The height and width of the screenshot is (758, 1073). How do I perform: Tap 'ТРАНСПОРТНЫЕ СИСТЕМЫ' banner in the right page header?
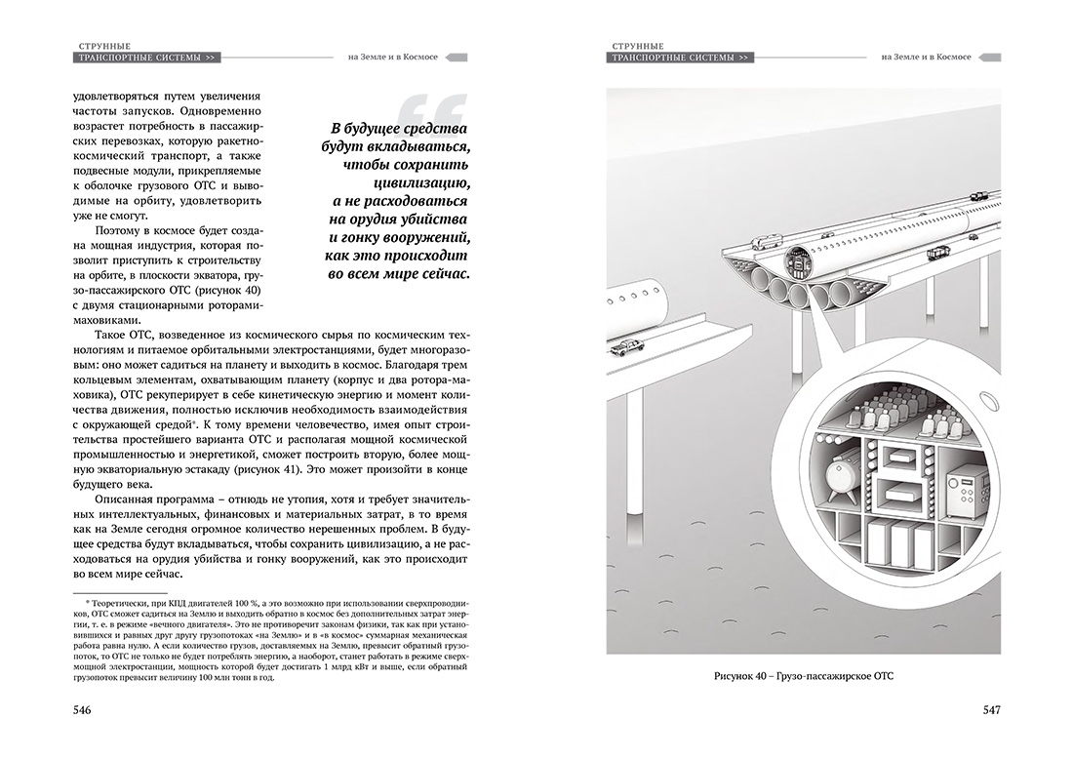point(678,59)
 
